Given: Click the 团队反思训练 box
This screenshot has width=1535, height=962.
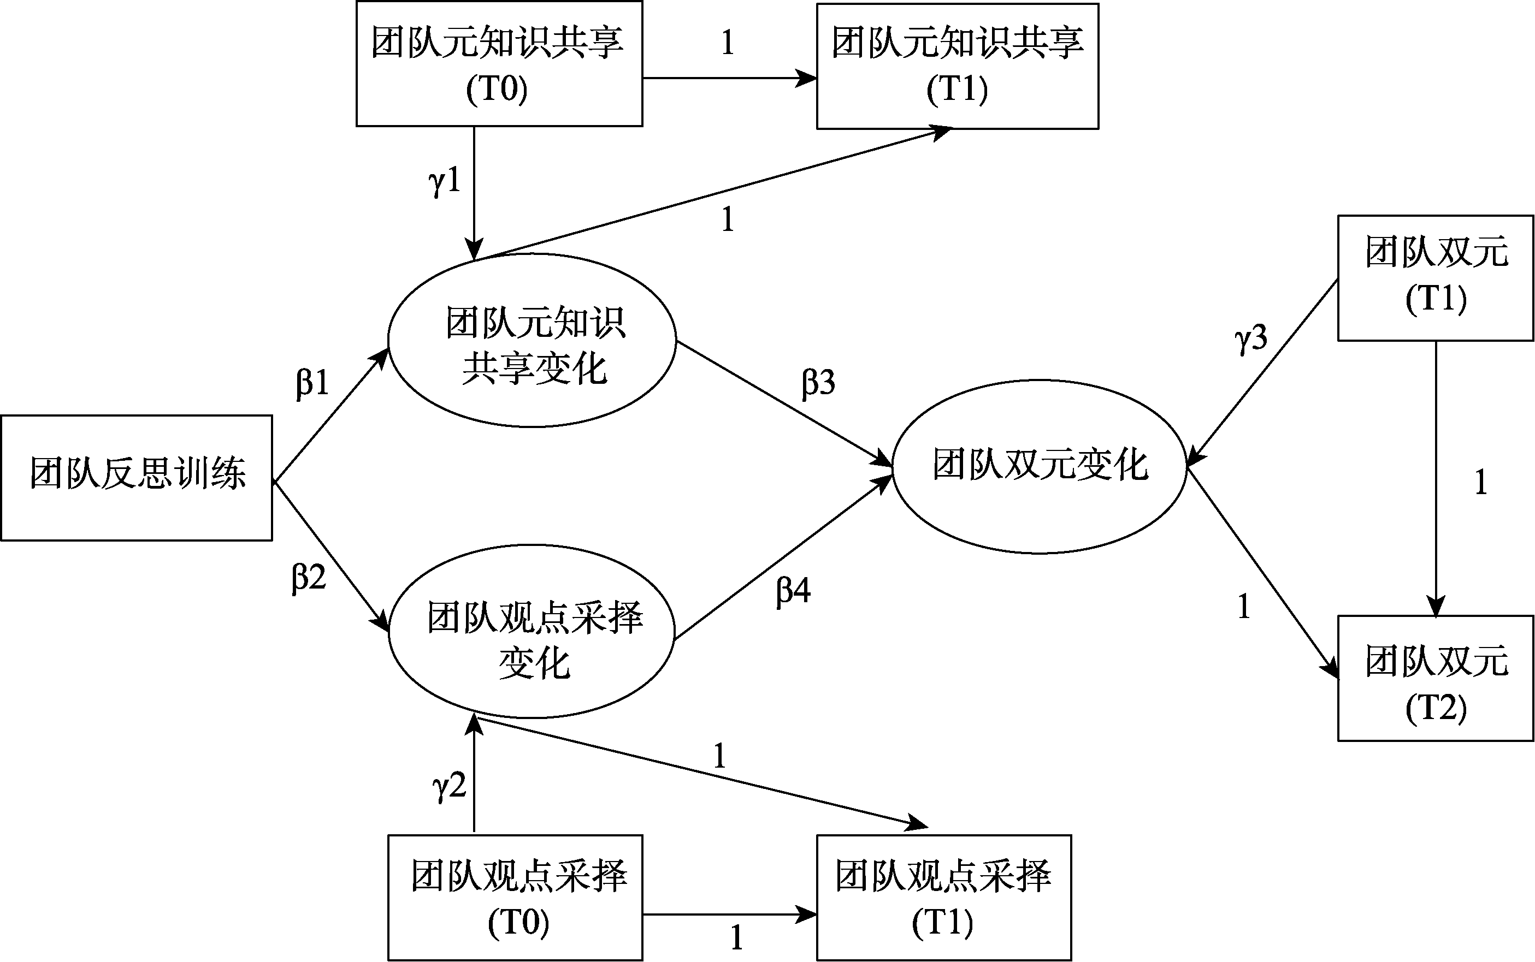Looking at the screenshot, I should [136, 477].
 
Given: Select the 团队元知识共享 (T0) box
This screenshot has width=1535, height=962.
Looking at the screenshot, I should [498, 64].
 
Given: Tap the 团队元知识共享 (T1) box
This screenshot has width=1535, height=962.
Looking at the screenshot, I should [957, 66].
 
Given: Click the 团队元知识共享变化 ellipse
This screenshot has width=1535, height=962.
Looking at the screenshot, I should [532, 340].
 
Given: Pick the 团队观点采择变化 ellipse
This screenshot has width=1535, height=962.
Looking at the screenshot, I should [532, 631].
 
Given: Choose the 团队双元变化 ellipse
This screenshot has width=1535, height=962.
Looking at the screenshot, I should [1039, 466].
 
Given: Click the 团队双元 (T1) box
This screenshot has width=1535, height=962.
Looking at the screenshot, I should [1435, 278].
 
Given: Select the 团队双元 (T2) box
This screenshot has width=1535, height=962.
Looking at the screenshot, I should [1435, 678].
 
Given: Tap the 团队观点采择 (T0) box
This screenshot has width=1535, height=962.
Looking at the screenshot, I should [516, 897].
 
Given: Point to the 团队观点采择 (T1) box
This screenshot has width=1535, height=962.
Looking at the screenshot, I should [944, 897].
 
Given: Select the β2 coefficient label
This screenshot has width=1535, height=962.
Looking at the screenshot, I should [309, 578].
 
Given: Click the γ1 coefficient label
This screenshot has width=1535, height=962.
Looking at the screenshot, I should [444, 182].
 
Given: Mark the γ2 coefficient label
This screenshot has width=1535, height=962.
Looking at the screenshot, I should [449, 786].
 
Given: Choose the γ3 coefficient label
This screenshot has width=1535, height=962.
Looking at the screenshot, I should [1250, 339].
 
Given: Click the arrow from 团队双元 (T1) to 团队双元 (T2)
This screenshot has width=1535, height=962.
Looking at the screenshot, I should [1436, 477].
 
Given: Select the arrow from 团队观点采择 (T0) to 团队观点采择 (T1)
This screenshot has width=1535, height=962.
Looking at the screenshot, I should [729, 915].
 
